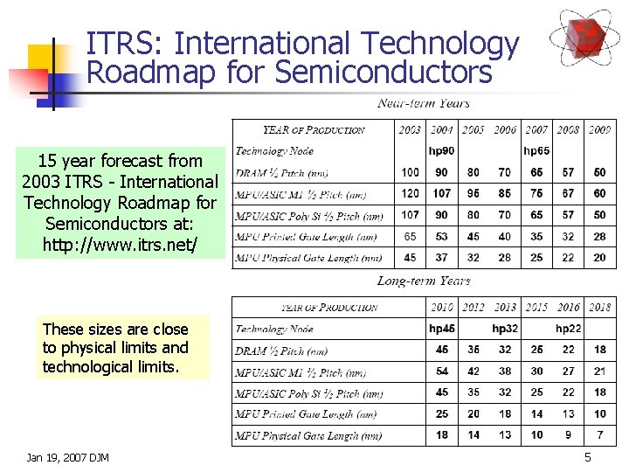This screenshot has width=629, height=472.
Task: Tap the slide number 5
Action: (588, 457)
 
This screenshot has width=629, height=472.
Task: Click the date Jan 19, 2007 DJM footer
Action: (68, 457)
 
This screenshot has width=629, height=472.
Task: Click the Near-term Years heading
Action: (424, 103)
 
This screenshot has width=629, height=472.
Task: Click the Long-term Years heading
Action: (424, 281)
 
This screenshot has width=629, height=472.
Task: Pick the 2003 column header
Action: (410, 130)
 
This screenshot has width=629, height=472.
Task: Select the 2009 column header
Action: (599, 130)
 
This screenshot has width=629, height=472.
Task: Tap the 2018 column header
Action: (599, 308)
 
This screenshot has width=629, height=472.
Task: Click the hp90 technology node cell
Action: (441, 151)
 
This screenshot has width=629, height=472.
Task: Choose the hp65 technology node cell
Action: (536, 151)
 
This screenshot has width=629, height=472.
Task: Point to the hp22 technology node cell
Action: (569, 329)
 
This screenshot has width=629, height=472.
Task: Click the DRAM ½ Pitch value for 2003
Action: (410, 172)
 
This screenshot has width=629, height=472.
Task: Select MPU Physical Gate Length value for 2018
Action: (599, 435)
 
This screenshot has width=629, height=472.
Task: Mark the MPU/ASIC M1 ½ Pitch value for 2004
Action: (441, 193)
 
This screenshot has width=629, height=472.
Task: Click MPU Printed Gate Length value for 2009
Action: (599, 236)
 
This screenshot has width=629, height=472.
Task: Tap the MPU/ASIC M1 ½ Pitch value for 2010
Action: (442, 371)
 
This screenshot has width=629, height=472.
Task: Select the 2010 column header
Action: (442, 308)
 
